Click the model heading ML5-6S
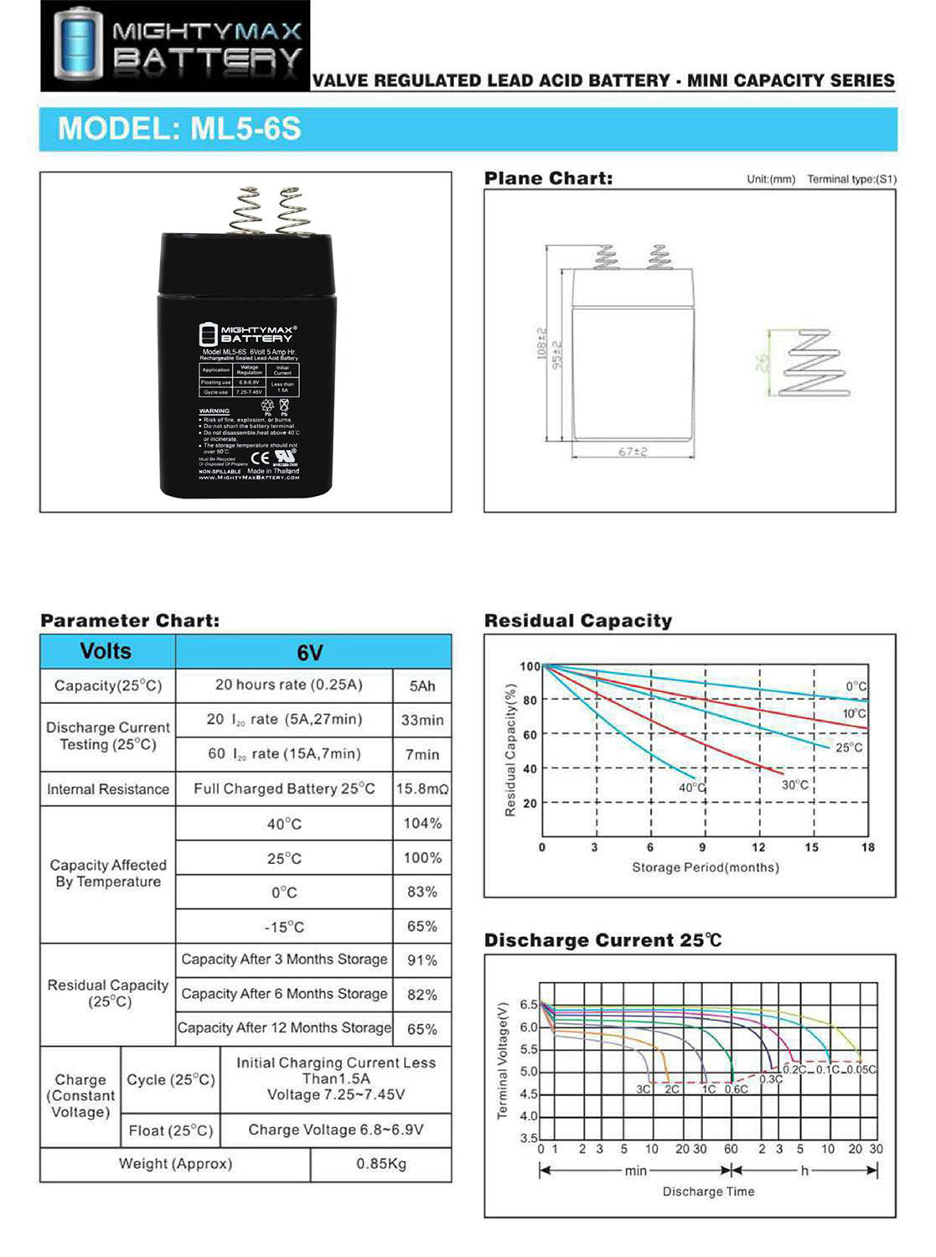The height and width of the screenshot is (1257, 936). [178, 129]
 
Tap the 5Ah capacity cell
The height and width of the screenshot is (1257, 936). [422, 685]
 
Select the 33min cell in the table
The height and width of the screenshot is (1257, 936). [422, 720]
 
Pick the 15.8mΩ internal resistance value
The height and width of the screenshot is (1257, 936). [422, 789]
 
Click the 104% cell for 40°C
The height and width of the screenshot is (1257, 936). [422, 823]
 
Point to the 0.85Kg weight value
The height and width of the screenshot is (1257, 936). [381, 1163]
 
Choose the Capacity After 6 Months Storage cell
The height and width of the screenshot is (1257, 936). [284, 994]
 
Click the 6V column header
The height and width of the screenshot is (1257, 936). [310, 652]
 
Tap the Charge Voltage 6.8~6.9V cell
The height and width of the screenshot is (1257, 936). [336, 1130]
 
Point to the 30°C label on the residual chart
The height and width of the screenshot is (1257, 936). [795, 785]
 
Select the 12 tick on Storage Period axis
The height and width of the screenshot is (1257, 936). [758, 847]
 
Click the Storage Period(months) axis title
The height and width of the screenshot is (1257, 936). [706, 867]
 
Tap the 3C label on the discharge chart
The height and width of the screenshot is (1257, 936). [643, 1089]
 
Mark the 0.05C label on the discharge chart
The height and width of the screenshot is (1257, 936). [861, 1069]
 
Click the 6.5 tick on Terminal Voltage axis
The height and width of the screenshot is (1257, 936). [529, 1004]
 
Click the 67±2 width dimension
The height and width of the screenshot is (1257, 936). [633, 452]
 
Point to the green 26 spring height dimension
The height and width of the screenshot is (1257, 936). [761, 363]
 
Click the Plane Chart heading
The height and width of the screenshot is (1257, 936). [548, 178]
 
